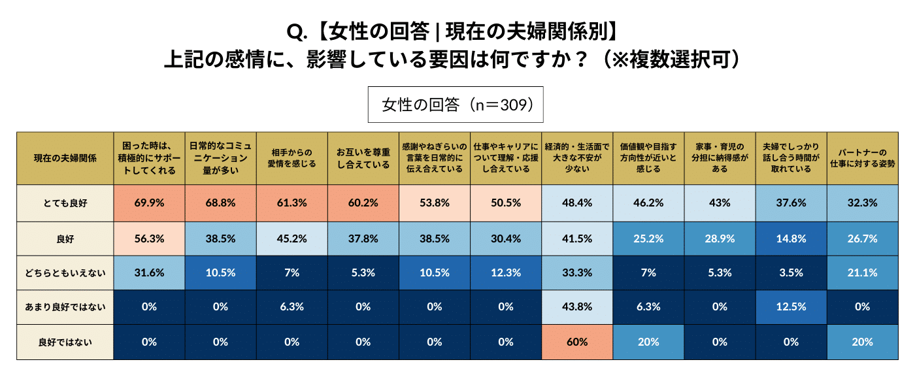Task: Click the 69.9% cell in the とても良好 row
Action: coord(149,203)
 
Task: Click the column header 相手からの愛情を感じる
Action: coord(291,158)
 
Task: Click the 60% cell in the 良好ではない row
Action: coord(577,342)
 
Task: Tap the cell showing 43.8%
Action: coord(577,307)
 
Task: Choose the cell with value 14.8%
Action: coord(790,238)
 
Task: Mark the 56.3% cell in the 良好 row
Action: coord(149,238)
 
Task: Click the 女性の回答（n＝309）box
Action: coord(457,105)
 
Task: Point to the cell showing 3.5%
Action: coord(790,272)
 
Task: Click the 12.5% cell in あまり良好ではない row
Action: coord(790,307)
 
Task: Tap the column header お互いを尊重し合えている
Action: coord(363,158)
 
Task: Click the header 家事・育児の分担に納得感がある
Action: coord(719,158)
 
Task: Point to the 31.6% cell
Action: coord(149,272)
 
